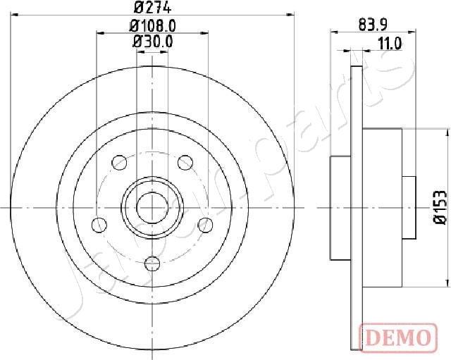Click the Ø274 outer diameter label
click(x=153, y=8)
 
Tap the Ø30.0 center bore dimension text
click(x=153, y=42)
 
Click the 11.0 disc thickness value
click(x=389, y=43)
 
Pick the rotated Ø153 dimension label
click(x=438, y=207)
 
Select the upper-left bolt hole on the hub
click(x=119, y=163)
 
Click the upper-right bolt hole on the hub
click(x=185, y=163)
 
